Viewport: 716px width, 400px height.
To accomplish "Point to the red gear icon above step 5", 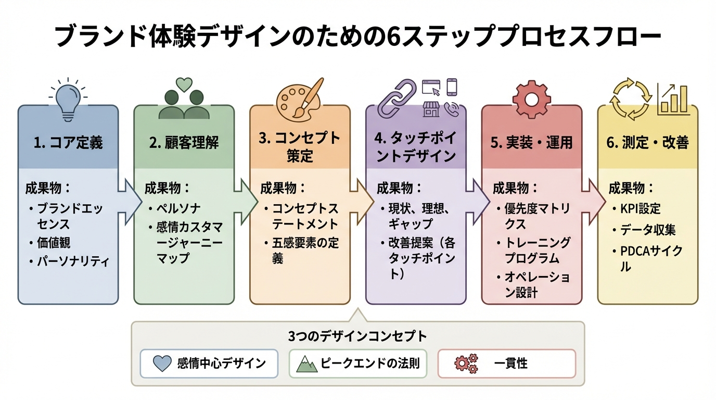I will [x=531, y=98].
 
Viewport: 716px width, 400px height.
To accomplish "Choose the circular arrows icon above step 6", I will [x=630, y=99].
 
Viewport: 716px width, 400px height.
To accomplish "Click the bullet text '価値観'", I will [x=54, y=243].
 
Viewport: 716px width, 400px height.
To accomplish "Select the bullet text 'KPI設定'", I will [x=640, y=208].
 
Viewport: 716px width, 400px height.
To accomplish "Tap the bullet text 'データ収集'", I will [x=648, y=230].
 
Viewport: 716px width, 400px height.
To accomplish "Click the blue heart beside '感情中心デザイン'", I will [x=163, y=364].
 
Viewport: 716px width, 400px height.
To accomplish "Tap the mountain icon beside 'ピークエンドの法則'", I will [x=307, y=364].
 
